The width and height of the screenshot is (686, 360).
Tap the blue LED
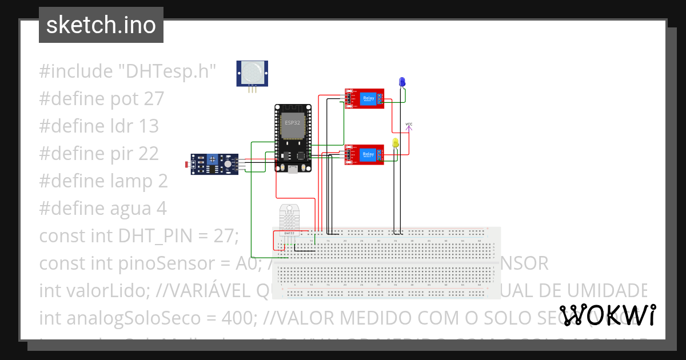point(402,82)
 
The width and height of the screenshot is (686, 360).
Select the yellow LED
point(396,143)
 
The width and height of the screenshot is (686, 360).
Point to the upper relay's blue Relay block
point(369,98)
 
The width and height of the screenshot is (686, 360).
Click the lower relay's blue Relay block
point(369,154)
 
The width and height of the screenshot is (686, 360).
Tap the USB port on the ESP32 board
point(293,169)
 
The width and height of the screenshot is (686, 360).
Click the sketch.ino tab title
point(101,25)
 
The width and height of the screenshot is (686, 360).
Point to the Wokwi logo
point(607,315)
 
